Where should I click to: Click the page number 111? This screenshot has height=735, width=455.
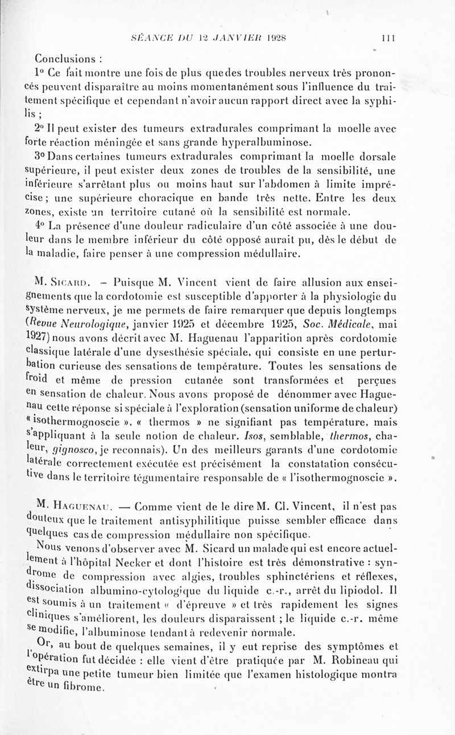tap(388, 39)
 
